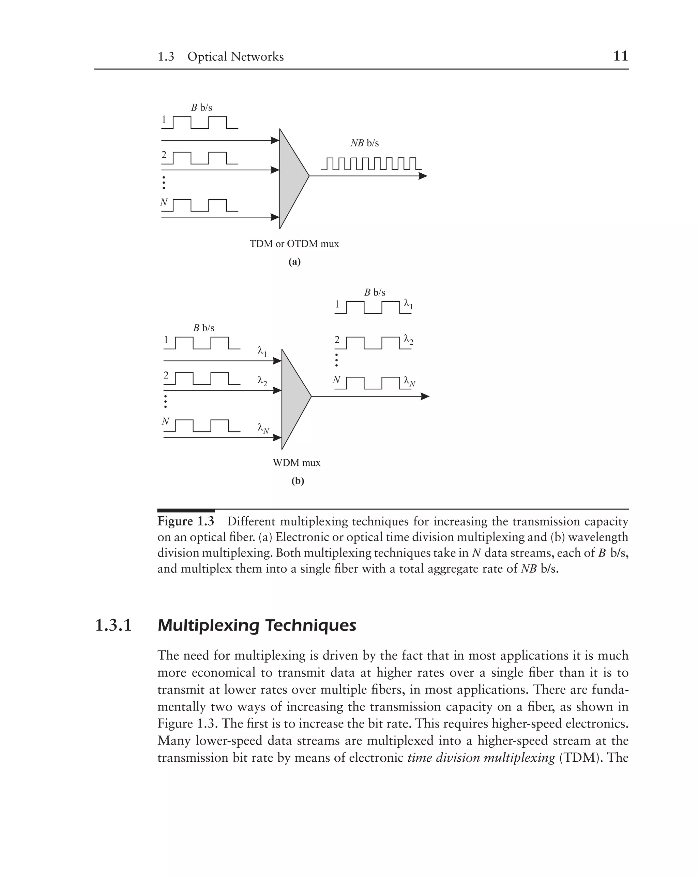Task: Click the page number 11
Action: (620, 56)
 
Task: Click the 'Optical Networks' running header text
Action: (235, 57)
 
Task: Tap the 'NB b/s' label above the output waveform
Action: (364, 143)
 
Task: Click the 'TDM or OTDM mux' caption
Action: (294, 244)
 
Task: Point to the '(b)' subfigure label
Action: (298, 481)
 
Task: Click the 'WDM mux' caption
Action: (297, 463)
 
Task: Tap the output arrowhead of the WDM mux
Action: (425, 396)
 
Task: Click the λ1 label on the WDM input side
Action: (262, 351)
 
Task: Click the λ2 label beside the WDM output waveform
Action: (408, 340)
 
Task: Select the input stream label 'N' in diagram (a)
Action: (164, 202)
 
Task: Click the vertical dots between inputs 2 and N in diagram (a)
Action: (164, 183)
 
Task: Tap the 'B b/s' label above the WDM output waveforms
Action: (374, 292)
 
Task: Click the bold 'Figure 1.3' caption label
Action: (186, 521)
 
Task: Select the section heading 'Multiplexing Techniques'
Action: (256, 625)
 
